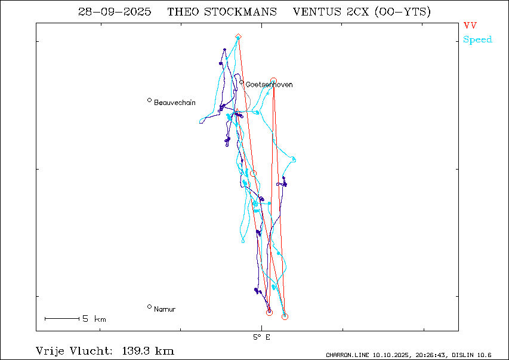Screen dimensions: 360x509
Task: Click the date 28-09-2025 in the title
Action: click(x=115, y=12)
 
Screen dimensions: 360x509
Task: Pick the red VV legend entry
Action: click(x=470, y=26)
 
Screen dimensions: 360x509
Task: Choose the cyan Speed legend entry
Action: click(x=477, y=39)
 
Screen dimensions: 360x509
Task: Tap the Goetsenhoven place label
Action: click(x=269, y=85)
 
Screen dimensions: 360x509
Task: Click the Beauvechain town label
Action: click(x=174, y=103)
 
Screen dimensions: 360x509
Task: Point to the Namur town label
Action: click(x=164, y=309)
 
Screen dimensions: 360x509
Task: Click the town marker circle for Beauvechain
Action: click(x=149, y=100)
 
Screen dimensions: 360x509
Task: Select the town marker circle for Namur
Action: click(x=149, y=307)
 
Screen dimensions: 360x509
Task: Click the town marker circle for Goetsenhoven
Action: click(x=242, y=82)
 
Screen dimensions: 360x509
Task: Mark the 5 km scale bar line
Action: click(x=62, y=319)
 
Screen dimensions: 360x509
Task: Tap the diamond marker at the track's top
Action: click(x=238, y=37)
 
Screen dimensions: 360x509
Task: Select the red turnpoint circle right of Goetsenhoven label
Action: click(x=274, y=80)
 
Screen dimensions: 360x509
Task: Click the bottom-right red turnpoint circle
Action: click(x=285, y=316)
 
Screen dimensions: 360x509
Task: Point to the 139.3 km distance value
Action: click(x=148, y=350)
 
